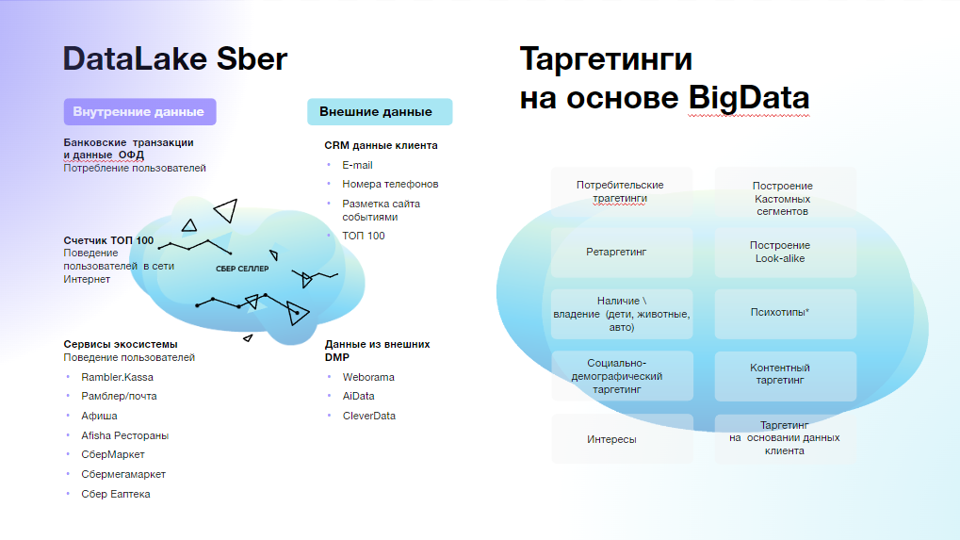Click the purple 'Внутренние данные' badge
139,111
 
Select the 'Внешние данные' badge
380,111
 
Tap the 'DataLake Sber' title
175,58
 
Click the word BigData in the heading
749,97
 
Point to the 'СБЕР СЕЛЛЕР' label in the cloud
242,269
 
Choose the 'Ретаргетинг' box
622,253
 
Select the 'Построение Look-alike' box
786,253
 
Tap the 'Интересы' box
622,438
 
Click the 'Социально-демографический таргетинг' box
622,376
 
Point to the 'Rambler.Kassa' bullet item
117,377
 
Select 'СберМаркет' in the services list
113,454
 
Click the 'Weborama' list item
368,377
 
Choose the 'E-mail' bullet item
357,165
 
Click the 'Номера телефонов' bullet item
390,184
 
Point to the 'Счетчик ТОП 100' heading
108,240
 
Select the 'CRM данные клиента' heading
381,145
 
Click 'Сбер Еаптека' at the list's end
115,494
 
